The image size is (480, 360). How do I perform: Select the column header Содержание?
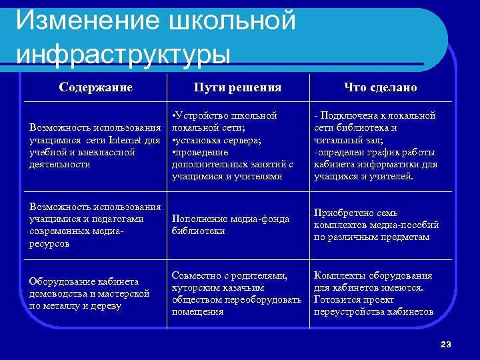click(95, 87)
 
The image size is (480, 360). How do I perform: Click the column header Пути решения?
click(237, 87)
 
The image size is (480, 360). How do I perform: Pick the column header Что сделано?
click(380, 87)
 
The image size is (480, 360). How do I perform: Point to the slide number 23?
click(446, 344)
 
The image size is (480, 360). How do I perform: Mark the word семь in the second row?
click(387, 213)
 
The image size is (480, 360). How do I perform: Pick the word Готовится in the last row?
click(337, 299)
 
